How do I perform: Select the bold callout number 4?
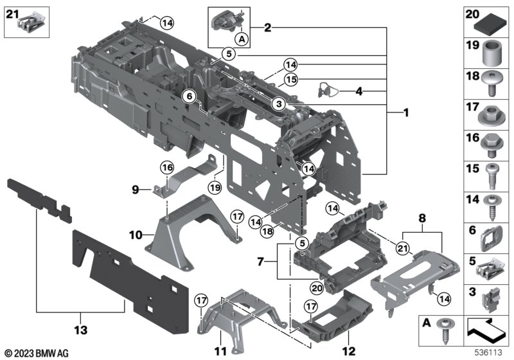click(x=359, y=92)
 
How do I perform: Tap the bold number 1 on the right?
click(x=405, y=113)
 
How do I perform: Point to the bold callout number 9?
click(x=136, y=189)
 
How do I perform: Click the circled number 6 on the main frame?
click(x=189, y=96)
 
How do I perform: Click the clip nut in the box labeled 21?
click(x=29, y=25)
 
